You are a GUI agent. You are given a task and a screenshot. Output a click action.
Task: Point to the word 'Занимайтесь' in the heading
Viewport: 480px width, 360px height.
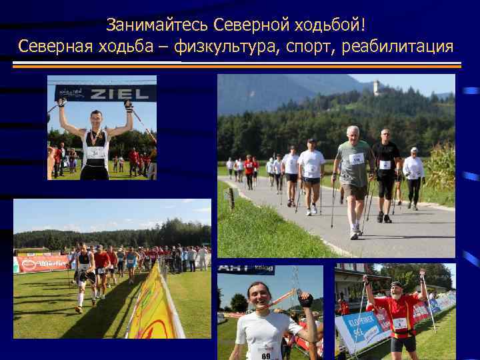(x=158, y=25)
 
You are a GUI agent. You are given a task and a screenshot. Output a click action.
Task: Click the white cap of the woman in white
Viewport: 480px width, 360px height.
(x=414, y=151)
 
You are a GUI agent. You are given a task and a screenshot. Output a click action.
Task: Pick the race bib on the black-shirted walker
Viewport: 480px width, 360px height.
(x=385, y=165)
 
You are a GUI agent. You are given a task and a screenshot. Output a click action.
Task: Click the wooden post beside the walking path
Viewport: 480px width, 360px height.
(x=231, y=197)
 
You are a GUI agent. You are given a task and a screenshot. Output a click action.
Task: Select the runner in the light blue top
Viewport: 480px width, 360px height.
(x=131, y=259)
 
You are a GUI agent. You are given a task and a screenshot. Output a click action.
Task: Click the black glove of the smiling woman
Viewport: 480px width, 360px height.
(x=306, y=300)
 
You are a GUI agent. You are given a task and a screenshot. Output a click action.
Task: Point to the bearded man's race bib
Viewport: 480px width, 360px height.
(x=400, y=323)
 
